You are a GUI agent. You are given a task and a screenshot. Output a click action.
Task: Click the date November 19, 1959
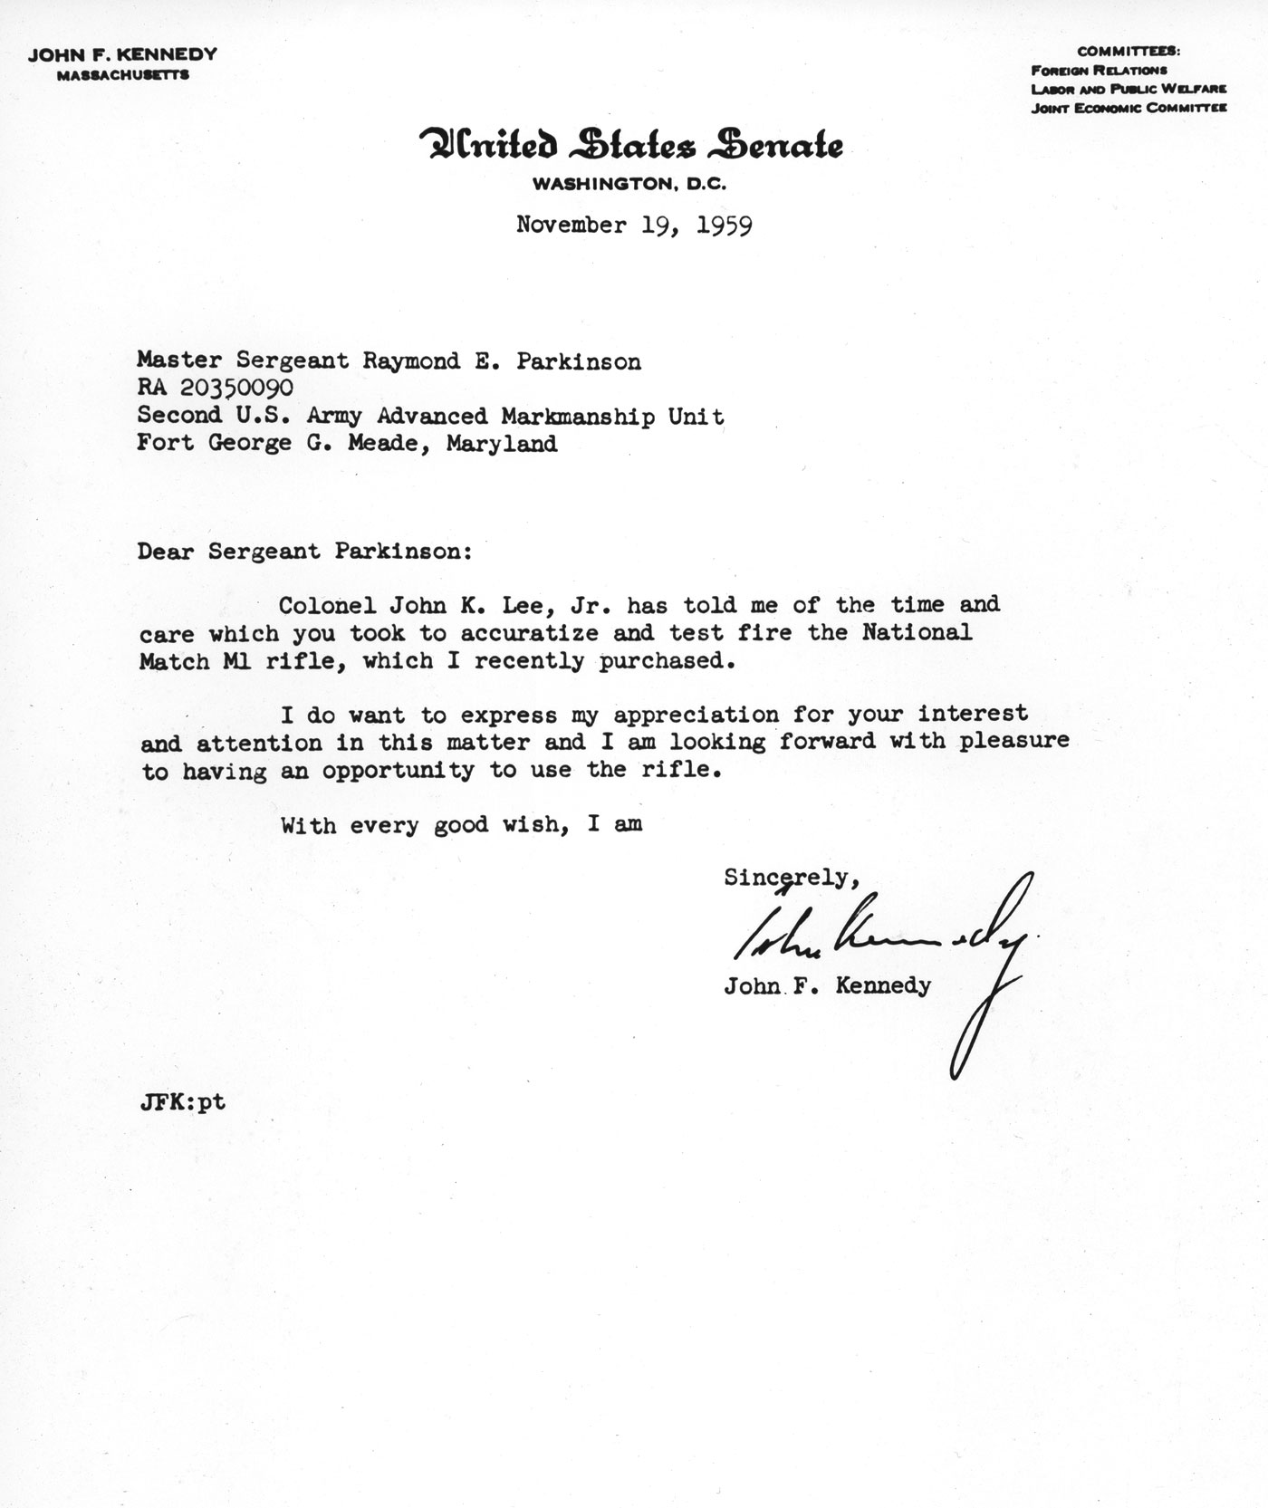coord(633,225)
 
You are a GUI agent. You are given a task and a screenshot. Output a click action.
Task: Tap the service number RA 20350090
coord(216,389)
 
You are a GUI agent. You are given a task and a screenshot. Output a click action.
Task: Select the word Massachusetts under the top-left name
coord(122,75)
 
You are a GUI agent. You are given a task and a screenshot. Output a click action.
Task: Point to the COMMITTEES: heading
coord(1129,52)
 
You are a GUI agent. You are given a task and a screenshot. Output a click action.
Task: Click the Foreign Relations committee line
coord(1099,70)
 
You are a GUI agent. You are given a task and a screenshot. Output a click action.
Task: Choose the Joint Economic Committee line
coord(1129,108)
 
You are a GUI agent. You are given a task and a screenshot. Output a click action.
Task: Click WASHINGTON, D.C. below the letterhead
coord(629,185)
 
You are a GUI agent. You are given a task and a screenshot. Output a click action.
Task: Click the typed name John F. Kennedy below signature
coord(827,985)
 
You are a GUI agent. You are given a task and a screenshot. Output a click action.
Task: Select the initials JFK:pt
coord(182,1103)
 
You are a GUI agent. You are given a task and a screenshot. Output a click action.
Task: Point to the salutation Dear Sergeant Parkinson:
coord(304,552)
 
